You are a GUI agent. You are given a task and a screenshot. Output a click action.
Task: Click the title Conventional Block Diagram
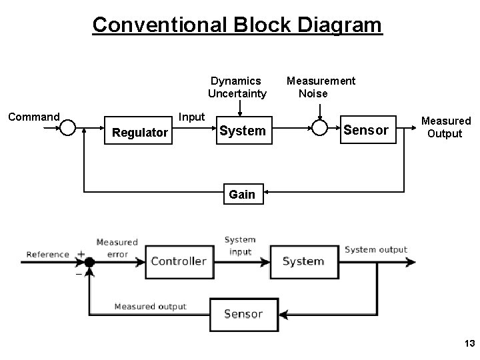click(237, 25)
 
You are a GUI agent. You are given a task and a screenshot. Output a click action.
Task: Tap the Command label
click(33, 117)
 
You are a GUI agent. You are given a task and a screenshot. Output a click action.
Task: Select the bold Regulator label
click(140, 133)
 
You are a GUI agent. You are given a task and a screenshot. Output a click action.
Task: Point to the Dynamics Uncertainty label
click(237, 87)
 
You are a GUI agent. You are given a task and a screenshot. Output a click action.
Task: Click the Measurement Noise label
click(321, 87)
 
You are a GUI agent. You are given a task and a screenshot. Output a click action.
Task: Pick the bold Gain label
click(241, 194)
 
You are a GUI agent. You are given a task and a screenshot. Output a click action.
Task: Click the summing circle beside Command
click(67, 128)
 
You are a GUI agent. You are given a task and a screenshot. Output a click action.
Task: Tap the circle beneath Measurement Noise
click(319, 128)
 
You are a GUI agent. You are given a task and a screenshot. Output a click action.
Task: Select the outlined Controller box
click(178, 261)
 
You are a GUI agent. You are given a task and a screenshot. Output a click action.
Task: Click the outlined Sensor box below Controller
click(243, 313)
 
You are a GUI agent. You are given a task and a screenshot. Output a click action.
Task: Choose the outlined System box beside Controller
click(303, 261)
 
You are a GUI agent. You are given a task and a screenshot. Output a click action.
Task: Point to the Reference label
click(47, 254)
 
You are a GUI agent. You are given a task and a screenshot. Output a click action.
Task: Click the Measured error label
click(117, 248)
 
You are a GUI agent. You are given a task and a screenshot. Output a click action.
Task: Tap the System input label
click(239, 245)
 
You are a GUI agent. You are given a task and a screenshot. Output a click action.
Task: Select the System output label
click(375, 249)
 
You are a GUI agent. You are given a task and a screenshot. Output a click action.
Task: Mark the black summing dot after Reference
click(89, 262)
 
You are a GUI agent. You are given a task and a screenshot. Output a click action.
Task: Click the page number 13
click(469, 343)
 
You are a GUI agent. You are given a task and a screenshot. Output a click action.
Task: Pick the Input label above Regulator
click(192, 117)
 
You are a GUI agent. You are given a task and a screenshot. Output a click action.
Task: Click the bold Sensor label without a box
click(365, 130)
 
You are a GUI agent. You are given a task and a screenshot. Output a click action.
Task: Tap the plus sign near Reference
click(81, 254)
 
